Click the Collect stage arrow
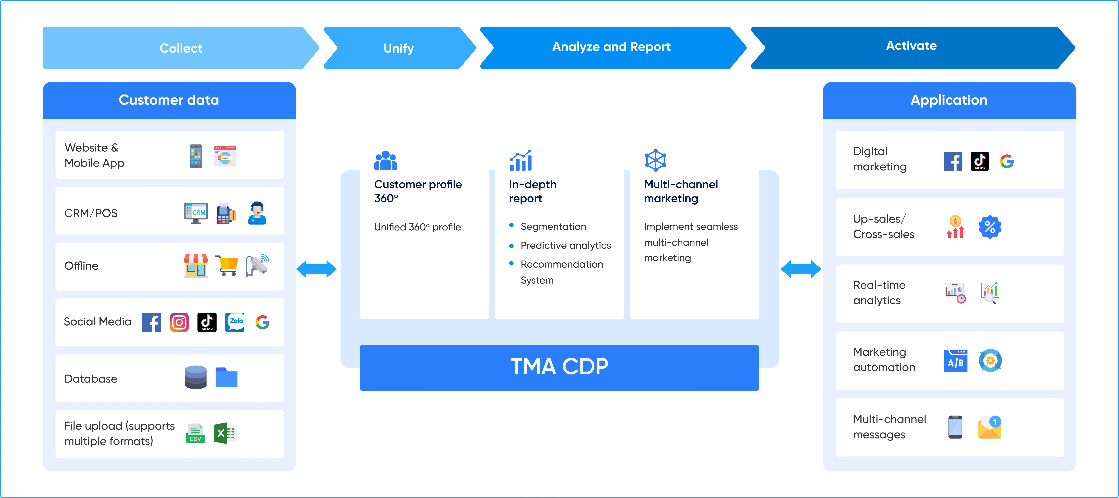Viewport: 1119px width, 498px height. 181,48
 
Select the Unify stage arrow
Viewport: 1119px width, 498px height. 398,48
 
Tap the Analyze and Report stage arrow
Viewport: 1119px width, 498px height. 611,47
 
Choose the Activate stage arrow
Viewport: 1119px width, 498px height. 911,46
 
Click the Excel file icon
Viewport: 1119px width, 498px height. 225,433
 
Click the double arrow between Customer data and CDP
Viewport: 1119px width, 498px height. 316,269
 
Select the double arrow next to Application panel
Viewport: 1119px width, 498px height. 801,269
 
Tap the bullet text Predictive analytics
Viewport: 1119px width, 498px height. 565,246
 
